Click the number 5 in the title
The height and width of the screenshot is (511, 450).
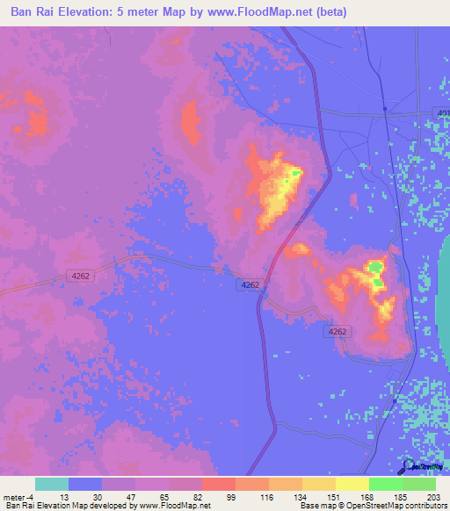pos(141,12)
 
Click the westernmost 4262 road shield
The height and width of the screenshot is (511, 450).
pos(80,276)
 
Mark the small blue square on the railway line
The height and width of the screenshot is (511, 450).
pos(385,109)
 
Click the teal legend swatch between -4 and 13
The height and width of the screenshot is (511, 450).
pos(52,484)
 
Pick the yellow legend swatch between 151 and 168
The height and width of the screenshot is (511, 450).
pos(352,484)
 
